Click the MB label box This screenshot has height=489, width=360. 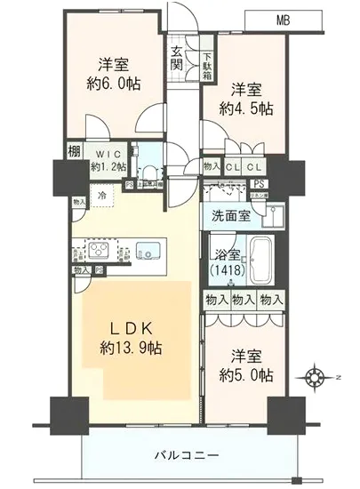click(282, 19)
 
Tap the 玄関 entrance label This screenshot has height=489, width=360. click(178, 58)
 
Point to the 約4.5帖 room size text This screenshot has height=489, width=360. click(246, 109)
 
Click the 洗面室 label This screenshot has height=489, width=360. click(230, 215)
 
